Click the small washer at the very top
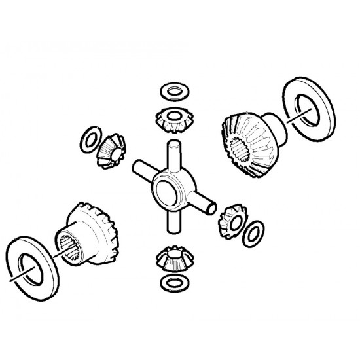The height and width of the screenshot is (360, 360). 172,90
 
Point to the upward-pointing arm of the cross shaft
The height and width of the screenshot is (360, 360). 173,153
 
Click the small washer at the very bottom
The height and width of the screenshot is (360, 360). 171,283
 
